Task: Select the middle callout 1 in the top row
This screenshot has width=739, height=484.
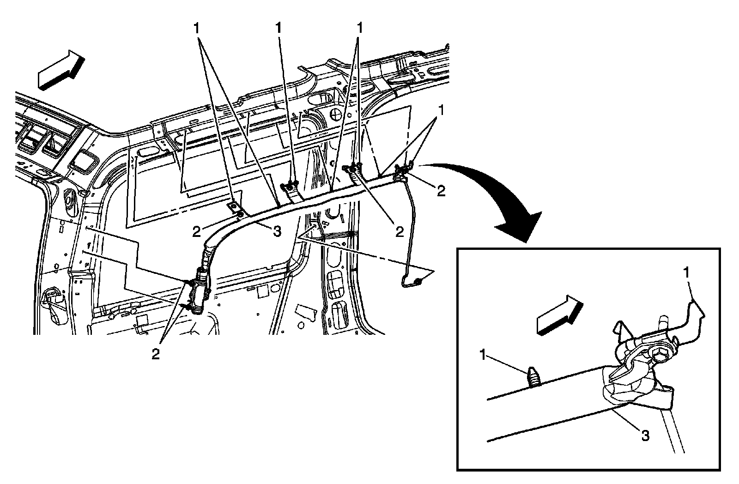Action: coord(278,28)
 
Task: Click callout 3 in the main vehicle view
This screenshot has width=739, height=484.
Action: coord(277,231)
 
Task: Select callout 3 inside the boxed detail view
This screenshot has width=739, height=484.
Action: coord(645,435)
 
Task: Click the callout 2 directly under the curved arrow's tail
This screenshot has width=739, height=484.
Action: coord(441,191)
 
